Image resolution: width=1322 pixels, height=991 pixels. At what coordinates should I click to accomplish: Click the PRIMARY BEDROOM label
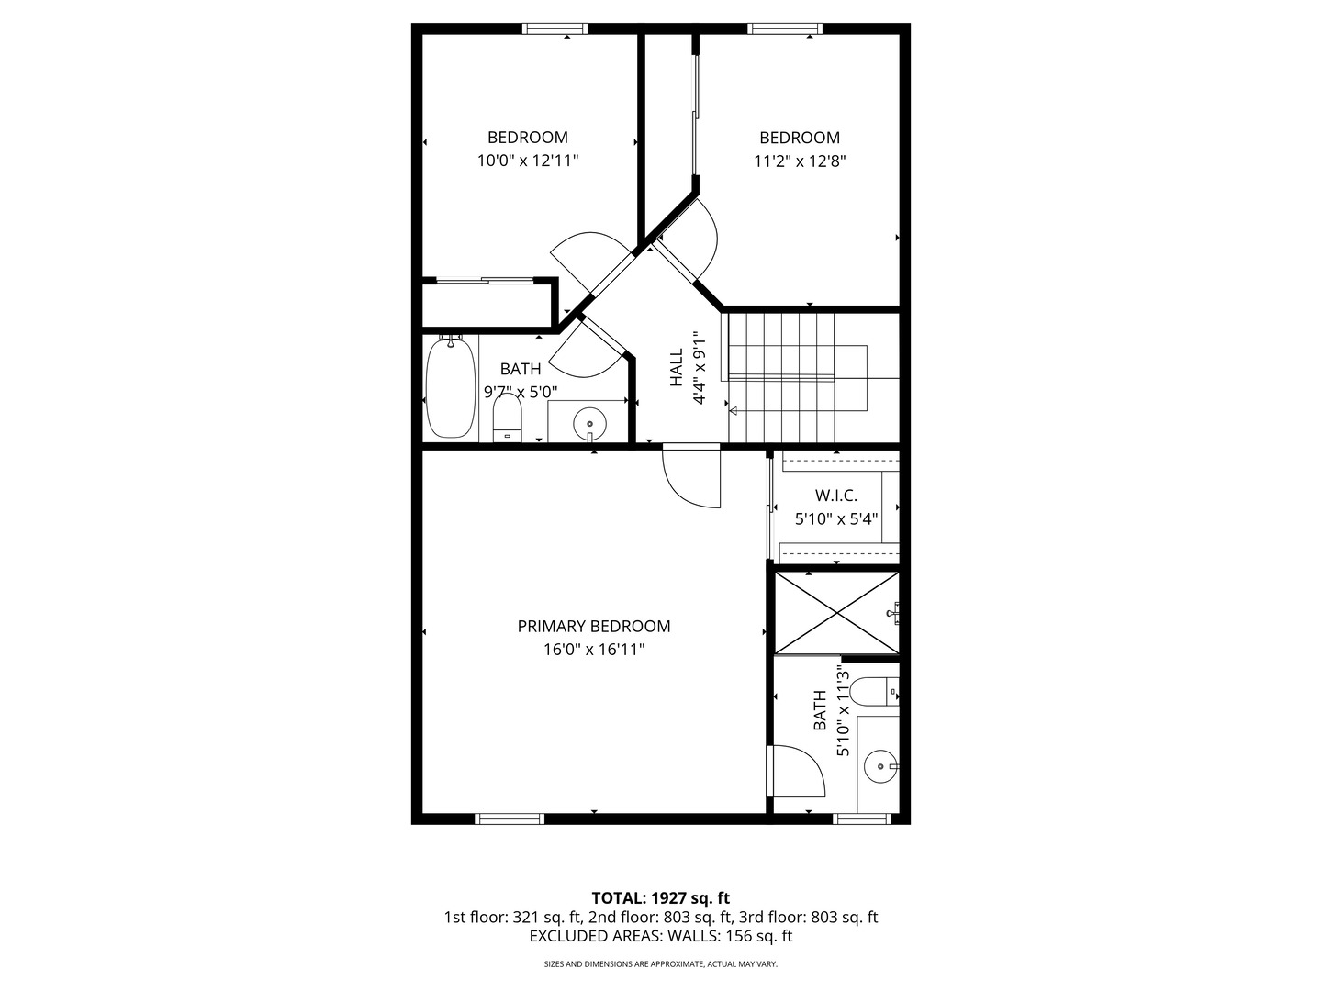point(593,627)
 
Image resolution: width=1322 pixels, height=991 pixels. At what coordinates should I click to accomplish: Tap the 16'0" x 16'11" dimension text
point(594,650)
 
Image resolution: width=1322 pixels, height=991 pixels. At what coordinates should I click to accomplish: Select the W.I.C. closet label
point(836,495)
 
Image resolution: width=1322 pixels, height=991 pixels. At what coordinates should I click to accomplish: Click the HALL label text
point(677,367)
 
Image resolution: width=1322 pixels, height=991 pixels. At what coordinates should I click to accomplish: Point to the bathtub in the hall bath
point(450,386)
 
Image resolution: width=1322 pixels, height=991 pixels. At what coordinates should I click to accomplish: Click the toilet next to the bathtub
point(507,418)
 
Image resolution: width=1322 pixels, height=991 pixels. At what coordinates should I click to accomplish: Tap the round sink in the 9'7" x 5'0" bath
point(589,424)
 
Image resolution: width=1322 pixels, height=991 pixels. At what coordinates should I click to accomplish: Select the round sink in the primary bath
point(880,766)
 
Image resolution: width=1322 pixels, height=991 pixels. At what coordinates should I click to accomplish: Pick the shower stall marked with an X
point(836,613)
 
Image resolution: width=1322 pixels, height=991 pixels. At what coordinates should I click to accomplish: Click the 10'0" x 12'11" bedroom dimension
point(528,161)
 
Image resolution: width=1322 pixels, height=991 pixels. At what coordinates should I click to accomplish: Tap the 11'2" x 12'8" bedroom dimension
point(800,161)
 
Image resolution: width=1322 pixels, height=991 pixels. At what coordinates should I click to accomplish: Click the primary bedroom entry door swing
point(691,476)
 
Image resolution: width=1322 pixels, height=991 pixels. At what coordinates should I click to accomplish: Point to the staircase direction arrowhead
point(733,412)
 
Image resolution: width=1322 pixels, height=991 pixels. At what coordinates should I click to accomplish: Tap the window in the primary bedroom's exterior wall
point(510,818)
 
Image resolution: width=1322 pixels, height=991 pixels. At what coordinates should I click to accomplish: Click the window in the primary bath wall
point(861,818)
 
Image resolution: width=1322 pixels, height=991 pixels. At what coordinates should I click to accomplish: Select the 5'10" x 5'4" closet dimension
point(836,518)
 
